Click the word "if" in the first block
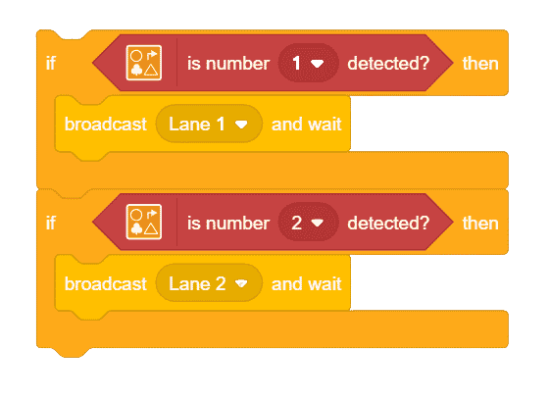tap(51, 64)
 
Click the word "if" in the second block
tap(51, 223)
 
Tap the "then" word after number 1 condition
tap(480, 64)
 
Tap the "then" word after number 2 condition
tap(480, 223)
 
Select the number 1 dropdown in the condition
tap(308, 63)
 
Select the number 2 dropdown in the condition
tap(308, 223)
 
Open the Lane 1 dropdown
tap(209, 124)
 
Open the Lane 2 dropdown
tap(209, 283)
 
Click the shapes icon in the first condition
tap(144, 63)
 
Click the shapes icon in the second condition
tap(144, 223)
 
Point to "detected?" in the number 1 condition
tap(388, 64)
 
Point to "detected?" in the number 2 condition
tap(388, 223)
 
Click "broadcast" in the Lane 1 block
tap(106, 125)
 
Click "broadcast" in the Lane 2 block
tap(106, 283)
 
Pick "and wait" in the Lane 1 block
tap(307, 125)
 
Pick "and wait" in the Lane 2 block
tap(307, 283)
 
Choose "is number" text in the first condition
tap(228, 64)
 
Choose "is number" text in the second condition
tap(228, 223)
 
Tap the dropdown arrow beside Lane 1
tap(241, 125)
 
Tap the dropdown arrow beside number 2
tap(318, 223)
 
